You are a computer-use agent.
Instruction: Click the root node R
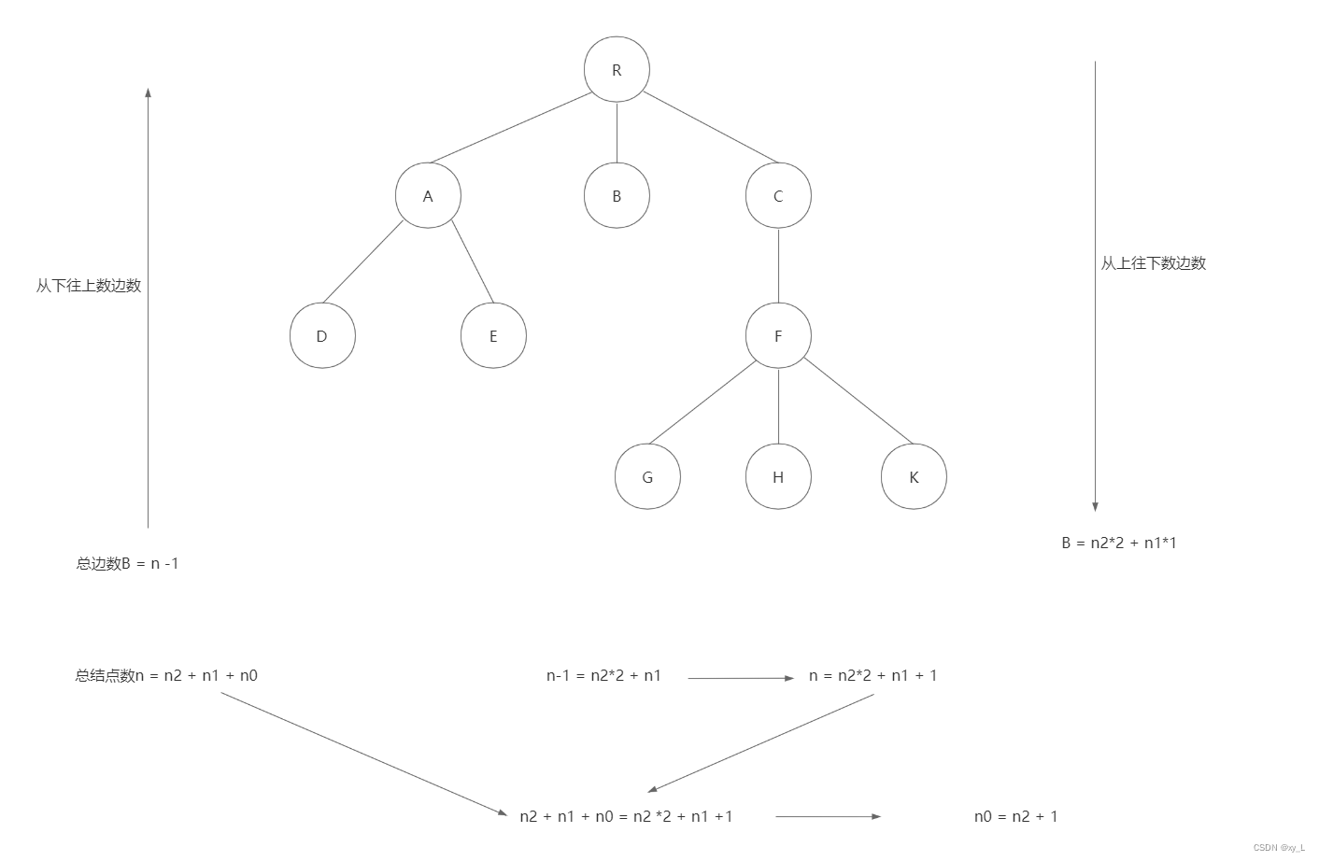tap(617, 70)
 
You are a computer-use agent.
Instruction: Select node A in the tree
tap(428, 196)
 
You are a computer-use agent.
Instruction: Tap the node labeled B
tap(617, 196)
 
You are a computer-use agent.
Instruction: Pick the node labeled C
tap(778, 196)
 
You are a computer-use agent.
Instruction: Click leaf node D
tap(322, 336)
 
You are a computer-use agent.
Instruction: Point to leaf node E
tap(493, 336)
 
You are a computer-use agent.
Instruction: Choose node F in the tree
tap(778, 336)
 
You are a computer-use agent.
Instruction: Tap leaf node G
tap(647, 477)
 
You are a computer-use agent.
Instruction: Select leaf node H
tap(778, 477)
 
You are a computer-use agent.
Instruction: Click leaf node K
tap(914, 477)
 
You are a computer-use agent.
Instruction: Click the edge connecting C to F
tap(778, 266)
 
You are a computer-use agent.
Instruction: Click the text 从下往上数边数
tap(89, 286)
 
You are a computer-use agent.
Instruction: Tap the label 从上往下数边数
tap(1153, 263)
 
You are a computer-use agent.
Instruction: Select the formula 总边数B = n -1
tap(127, 563)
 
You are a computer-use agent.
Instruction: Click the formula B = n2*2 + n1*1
tap(1119, 543)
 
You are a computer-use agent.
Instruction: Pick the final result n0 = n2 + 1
tap(1015, 816)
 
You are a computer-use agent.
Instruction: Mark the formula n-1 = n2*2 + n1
tap(603, 675)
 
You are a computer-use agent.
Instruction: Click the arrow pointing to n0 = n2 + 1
tap(828, 816)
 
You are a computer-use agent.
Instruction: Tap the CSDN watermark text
tap(1278, 848)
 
